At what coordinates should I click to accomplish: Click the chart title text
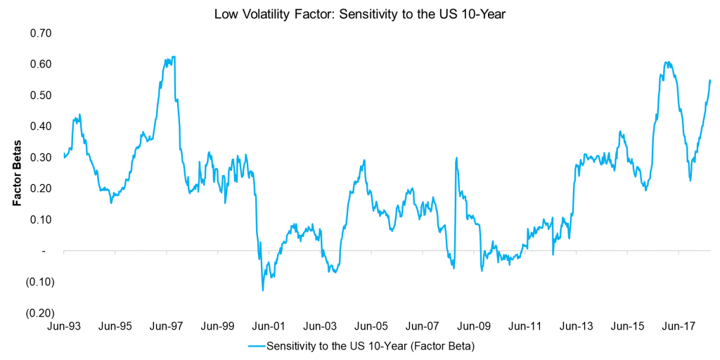click(359, 12)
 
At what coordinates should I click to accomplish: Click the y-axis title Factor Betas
click(16, 173)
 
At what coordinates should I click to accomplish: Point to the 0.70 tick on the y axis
click(42, 33)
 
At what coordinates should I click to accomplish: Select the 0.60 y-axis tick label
click(42, 64)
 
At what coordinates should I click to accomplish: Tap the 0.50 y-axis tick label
click(42, 95)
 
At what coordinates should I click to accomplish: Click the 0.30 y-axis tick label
click(42, 157)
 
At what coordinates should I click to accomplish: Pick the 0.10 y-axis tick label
click(42, 219)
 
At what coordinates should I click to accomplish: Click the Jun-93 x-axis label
click(63, 327)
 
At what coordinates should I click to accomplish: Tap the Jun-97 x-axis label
click(166, 327)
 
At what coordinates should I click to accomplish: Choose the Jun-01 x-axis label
click(269, 327)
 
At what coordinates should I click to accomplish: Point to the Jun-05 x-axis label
click(371, 327)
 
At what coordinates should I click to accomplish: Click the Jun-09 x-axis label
click(474, 327)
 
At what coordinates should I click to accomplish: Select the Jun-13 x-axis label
click(577, 327)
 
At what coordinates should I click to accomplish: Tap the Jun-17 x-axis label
click(679, 327)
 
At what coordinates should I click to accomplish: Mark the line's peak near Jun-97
click(171, 57)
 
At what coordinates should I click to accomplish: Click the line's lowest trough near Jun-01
click(263, 290)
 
